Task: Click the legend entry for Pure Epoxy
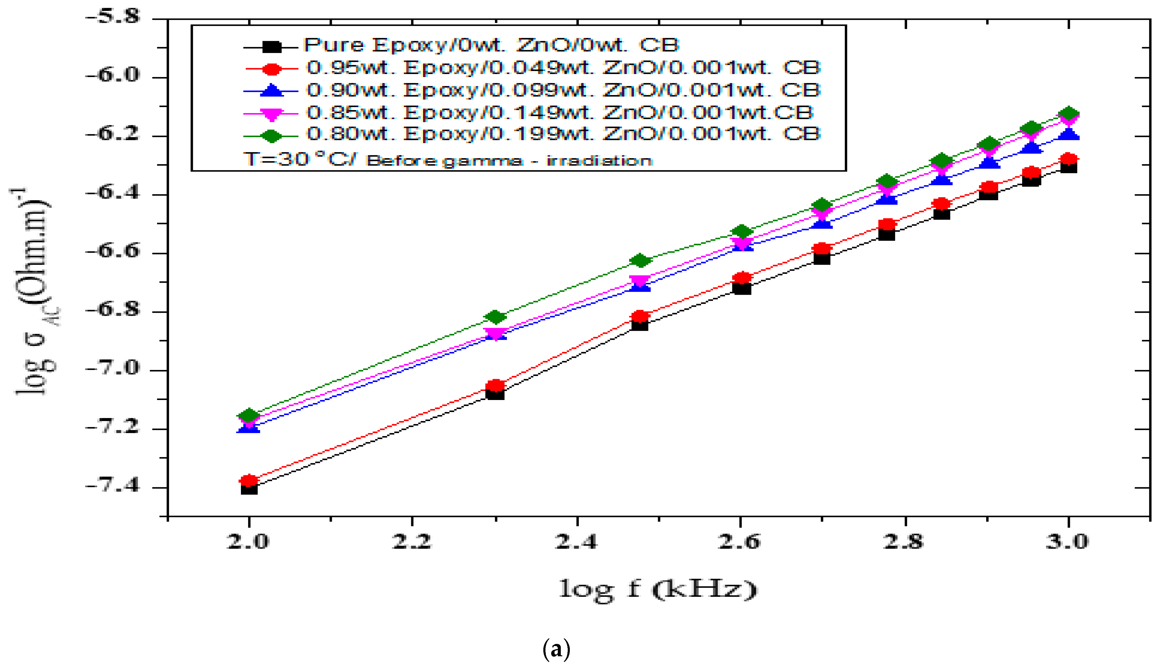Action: click(x=491, y=45)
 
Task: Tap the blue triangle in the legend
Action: click(x=272, y=91)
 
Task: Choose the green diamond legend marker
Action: click(x=272, y=136)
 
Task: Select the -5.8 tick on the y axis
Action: click(x=113, y=17)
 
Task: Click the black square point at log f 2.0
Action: click(x=249, y=488)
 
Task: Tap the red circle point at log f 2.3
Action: click(x=495, y=385)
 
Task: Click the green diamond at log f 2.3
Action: click(x=495, y=317)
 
